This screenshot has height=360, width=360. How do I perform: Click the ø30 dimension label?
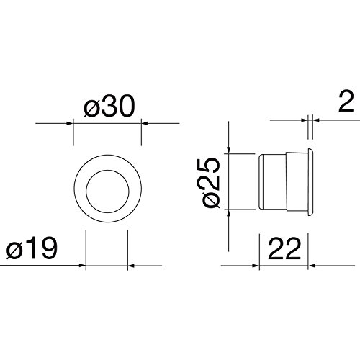[x=109, y=106]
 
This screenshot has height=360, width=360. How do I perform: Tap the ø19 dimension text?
[x=32, y=248]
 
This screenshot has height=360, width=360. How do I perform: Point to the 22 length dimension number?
[x=284, y=248]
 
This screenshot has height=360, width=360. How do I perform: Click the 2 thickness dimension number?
[x=346, y=102]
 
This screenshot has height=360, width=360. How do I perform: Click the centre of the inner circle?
[x=107, y=192]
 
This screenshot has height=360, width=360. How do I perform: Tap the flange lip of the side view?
[x=310, y=181]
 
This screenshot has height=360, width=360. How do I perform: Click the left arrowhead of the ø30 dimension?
[x=70, y=123]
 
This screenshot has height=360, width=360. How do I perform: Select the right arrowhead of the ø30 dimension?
[x=145, y=123]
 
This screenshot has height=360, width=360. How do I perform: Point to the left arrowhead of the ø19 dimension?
[x=83, y=266]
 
